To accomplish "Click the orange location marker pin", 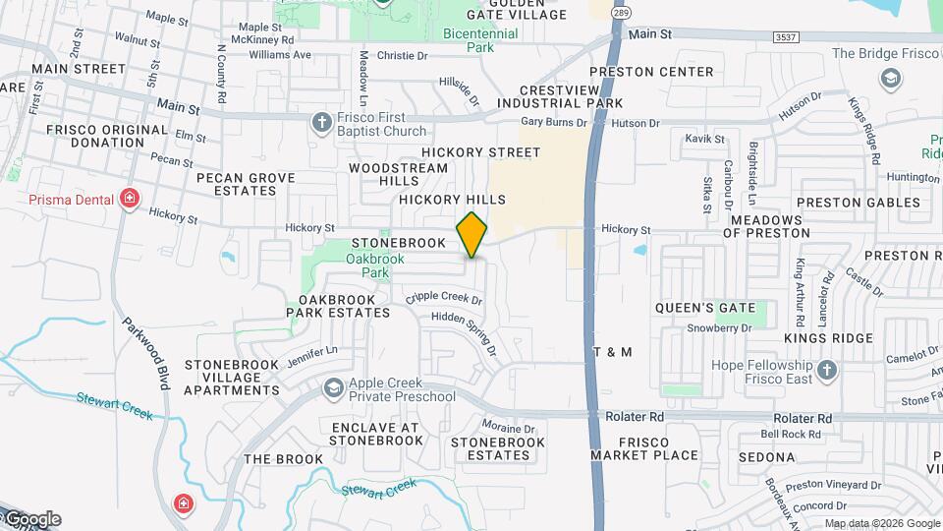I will tap(472, 234).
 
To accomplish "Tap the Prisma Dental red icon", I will tap(129, 200).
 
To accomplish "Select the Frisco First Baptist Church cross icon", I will tap(321, 123).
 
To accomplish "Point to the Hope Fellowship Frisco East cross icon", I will tap(826, 371).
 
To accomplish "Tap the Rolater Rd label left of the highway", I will tap(635, 417).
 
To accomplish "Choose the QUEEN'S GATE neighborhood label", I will tap(707, 308).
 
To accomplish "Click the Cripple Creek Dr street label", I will tap(444, 297).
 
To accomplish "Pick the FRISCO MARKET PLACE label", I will tap(644, 448).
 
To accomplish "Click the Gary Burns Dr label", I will tap(553, 122).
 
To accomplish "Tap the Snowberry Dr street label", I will tap(719, 328).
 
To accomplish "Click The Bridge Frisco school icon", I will tap(892, 78).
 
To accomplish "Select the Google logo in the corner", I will tap(31, 519).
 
